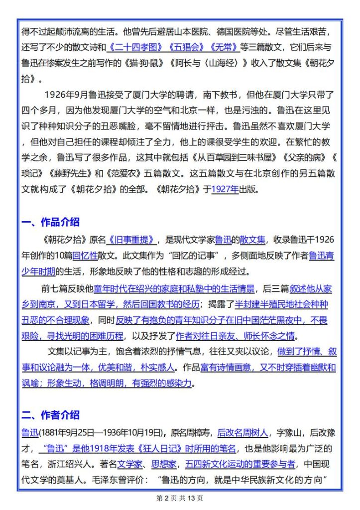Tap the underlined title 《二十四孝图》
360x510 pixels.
[130, 48]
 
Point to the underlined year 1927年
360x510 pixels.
[225, 189]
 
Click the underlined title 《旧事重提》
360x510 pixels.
[131, 240]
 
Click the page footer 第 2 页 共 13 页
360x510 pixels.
[180, 498]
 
